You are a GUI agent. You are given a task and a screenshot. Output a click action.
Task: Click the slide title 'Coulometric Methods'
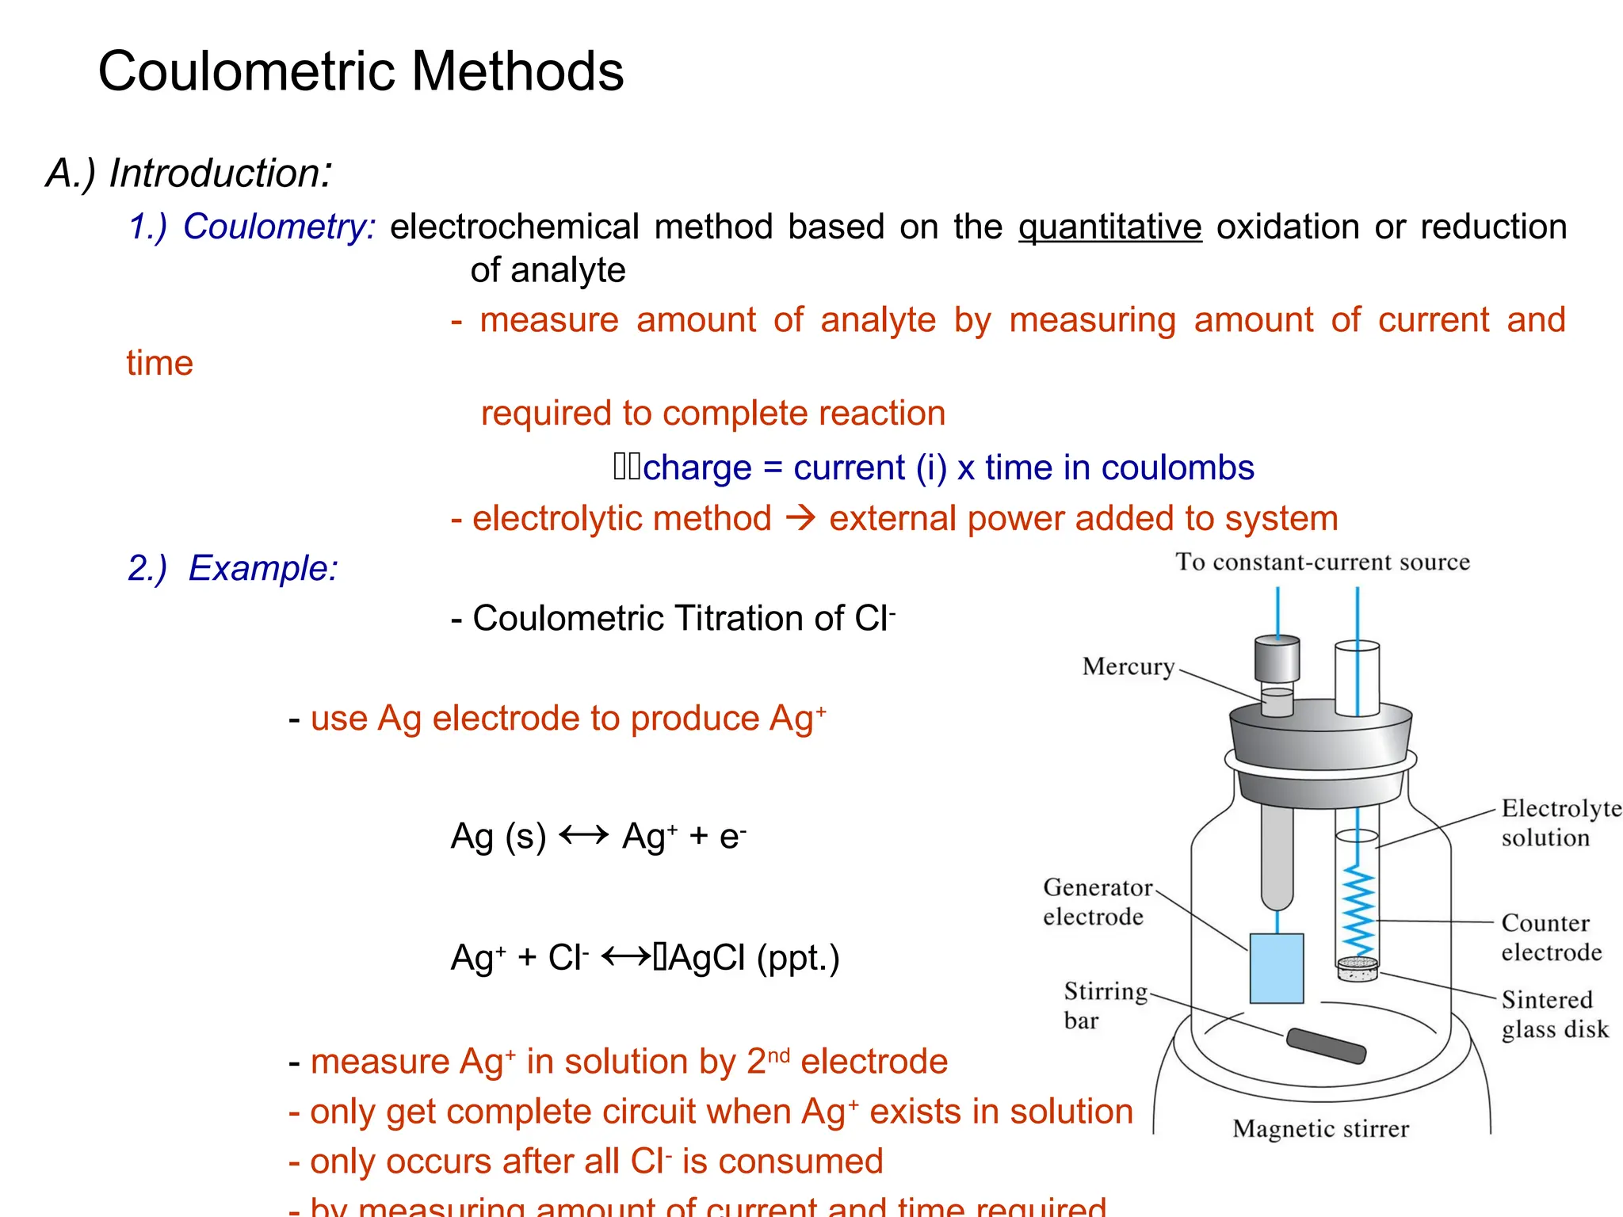click(361, 71)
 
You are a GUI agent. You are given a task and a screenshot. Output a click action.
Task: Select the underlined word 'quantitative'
click(1109, 227)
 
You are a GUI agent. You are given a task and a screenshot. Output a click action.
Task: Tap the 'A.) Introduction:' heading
click(189, 173)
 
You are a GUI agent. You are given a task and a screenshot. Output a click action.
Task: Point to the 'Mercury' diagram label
click(1128, 666)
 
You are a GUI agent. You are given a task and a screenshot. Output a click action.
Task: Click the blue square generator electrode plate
click(1276, 968)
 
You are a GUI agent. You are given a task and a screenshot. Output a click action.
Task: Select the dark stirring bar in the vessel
click(1326, 1046)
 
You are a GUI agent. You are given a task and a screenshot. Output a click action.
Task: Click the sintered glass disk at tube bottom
click(1358, 968)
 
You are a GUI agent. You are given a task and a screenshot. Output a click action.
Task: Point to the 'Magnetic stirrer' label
click(1320, 1128)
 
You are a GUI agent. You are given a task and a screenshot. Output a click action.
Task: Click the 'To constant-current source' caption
click(1322, 563)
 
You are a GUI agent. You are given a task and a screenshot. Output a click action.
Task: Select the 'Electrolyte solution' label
click(1560, 822)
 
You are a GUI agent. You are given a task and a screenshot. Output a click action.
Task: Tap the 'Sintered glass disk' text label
click(1554, 1014)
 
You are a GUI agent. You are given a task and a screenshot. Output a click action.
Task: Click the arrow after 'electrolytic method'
click(800, 519)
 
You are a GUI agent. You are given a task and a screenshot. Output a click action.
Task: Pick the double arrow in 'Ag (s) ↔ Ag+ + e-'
click(583, 835)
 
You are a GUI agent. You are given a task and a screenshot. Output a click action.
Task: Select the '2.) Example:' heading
click(232, 568)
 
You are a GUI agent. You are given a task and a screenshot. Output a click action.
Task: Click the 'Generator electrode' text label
click(1097, 902)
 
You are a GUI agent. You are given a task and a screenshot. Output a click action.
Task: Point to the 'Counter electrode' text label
click(1551, 937)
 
